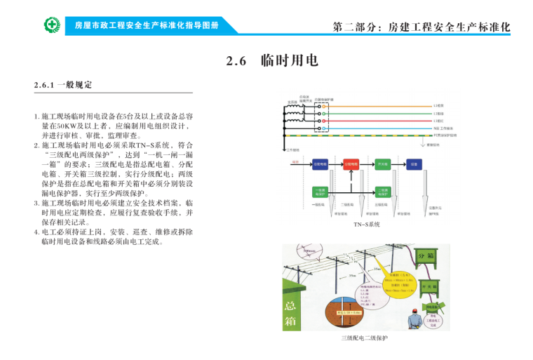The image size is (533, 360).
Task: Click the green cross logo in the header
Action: pos(53,25)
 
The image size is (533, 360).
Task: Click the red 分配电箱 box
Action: pos(351,164)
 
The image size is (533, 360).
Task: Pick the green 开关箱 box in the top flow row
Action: pos(383,164)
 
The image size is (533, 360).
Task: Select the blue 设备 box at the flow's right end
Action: pos(414,164)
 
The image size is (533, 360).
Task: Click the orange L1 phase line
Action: pos(379,105)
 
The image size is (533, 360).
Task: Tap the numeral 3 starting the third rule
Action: pos(35,204)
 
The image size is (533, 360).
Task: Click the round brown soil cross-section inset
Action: pos(343,305)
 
